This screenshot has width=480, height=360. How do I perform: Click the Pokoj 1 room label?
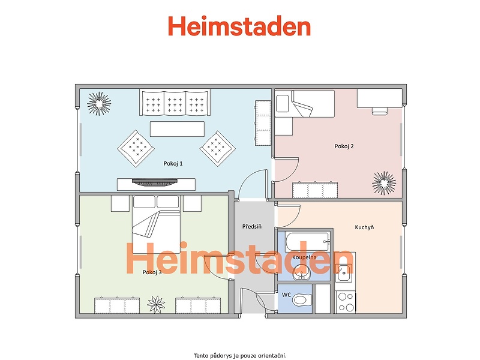click(x=173, y=163)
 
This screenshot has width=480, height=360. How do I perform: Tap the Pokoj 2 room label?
click(x=344, y=146)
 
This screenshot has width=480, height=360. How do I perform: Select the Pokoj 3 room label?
click(x=152, y=272)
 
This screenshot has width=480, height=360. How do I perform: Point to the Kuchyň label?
click(x=364, y=227)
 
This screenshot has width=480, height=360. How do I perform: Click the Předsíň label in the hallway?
click(x=252, y=227)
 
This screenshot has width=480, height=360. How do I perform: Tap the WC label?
click(x=287, y=295)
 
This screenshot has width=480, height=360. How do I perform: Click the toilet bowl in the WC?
click(x=302, y=299)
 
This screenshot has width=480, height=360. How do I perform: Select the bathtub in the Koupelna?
click(x=308, y=242)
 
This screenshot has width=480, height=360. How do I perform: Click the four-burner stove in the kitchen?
click(x=346, y=302)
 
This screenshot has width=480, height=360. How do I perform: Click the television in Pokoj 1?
click(x=155, y=182)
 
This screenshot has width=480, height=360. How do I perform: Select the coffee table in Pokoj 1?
click(x=177, y=129)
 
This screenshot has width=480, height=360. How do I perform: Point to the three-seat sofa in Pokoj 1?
click(x=175, y=102)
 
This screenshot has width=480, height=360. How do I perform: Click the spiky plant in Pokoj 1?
click(x=99, y=104)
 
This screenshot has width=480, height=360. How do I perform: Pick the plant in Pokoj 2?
click(x=384, y=183)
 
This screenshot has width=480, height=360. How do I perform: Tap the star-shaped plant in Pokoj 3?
click(x=156, y=304)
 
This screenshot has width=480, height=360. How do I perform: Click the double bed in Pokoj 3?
click(x=156, y=224)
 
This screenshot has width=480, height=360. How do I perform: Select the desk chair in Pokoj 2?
click(x=380, y=111)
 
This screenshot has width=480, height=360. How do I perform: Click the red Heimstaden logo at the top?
click(x=239, y=26)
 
